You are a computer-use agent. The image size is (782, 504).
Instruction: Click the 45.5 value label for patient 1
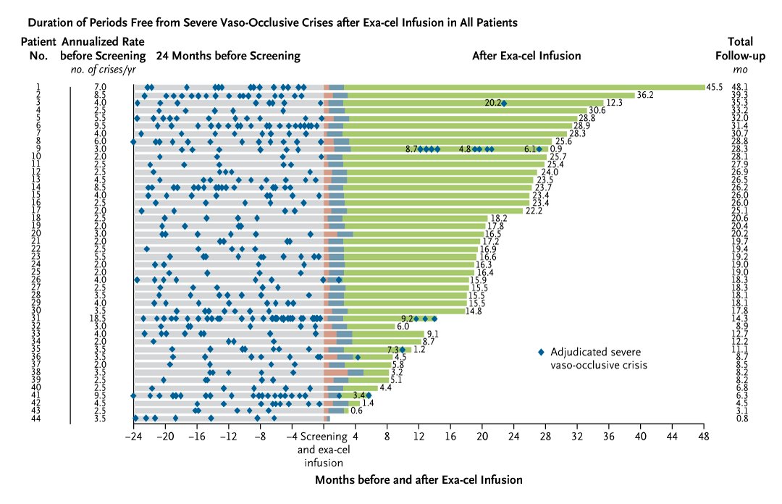[716, 88]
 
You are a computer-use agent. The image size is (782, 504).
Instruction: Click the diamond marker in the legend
[540, 352]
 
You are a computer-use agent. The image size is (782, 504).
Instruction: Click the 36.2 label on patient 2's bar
[645, 95]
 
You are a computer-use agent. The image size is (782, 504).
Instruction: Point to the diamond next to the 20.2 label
[504, 104]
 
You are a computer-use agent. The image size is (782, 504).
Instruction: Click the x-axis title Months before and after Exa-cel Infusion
[419, 479]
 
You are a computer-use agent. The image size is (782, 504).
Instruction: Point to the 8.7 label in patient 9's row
[411, 149]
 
